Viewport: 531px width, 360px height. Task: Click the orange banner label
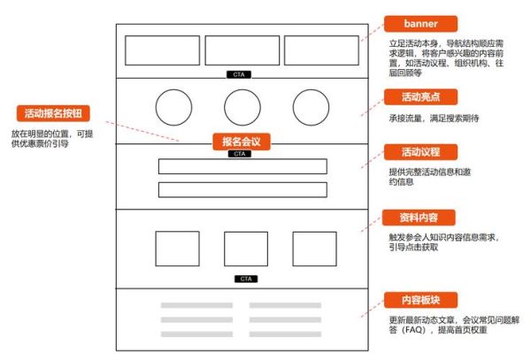420,23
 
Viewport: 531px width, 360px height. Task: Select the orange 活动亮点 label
420,96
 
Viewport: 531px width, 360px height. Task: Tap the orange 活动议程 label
420,151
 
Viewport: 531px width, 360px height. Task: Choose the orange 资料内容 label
420,217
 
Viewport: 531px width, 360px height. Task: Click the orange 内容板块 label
420,299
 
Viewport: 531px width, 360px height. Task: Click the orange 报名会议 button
240,142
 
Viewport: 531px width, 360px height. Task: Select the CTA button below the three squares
246,279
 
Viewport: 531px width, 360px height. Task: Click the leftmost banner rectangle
162,50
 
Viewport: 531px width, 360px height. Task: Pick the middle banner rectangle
241,50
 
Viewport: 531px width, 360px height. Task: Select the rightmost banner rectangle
320,50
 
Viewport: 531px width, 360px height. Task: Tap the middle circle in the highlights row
241,107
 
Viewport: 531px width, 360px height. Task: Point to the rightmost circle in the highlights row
310,107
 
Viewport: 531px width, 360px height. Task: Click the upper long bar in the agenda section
242,166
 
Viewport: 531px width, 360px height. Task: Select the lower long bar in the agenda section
242,189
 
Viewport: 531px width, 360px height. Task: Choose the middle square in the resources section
245,249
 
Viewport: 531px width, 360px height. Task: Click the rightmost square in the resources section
314,249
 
